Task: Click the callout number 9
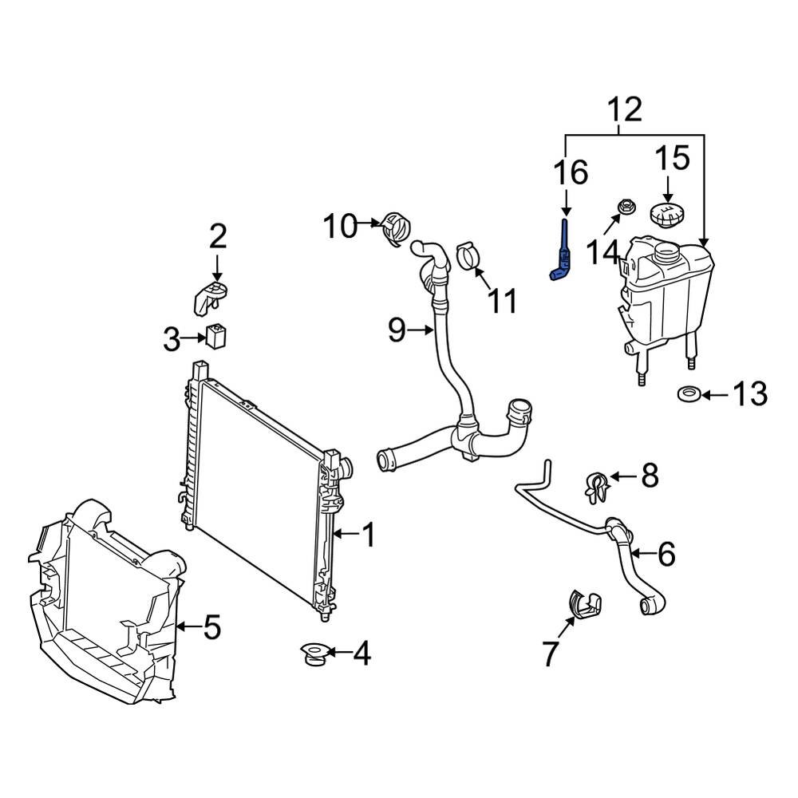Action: [397, 330]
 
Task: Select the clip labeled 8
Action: [595, 487]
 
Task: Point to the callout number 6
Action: [666, 552]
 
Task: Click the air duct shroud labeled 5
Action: [104, 606]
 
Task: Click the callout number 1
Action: [368, 535]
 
